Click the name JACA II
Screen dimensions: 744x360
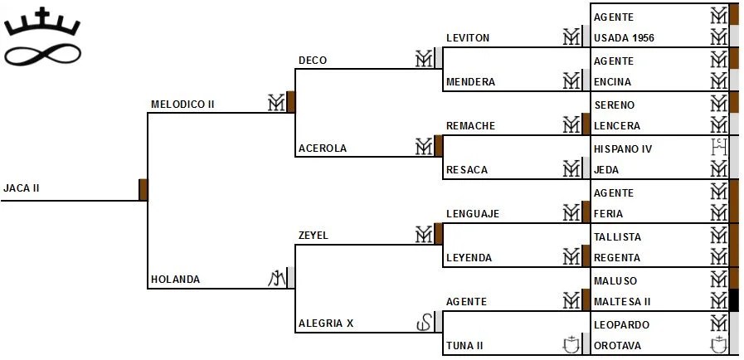(x=22, y=188)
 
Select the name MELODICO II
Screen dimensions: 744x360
(x=182, y=105)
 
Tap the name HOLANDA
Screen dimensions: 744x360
(x=175, y=280)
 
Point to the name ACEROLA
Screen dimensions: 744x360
(x=323, y=148)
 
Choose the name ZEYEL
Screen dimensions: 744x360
(x=314, y=236)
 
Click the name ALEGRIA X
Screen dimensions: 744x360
(x=326, y=324)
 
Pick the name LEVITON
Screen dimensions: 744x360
(x=468, y=38)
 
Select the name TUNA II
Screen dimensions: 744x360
(x=465, y=345)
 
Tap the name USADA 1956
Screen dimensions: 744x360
(x=625, y=38)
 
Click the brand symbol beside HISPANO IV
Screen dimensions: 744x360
(x=718, y=148)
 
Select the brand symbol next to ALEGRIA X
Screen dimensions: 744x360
(x=424, y=323)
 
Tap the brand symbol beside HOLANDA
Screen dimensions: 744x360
(x=276, y=279)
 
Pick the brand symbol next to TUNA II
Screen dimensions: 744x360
(x=571, y=344)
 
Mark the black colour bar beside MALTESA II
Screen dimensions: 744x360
(x=733, y=300)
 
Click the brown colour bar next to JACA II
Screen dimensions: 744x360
(x=143, y=189)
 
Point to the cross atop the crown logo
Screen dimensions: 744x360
(x=42, y=14)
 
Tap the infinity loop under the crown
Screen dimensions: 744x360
(x=42, y=55)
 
